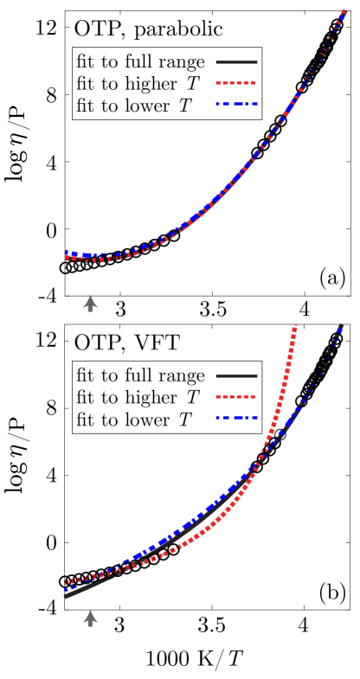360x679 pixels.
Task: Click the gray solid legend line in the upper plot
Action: tap(236, 62)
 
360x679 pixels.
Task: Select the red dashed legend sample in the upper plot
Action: tap(236, 83)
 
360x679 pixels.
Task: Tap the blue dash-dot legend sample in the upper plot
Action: tap(236, 104)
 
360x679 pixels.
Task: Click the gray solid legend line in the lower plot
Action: tap(236, 375)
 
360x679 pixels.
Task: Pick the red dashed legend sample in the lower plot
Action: tap(236, 396)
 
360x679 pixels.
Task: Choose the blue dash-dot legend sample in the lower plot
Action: tap(236, 418)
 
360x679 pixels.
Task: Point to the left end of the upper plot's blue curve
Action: tap(66, 252)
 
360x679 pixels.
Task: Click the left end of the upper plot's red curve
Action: tap(66, 258)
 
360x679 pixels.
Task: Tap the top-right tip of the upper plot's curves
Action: tap(344, 11)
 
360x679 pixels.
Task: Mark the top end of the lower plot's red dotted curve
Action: tap(295, 326)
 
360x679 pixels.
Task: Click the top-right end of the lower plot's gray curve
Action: tap(341, 325)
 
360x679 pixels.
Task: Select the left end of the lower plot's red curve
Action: tap(66, 582)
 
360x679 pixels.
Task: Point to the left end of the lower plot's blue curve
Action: tap(66, 589)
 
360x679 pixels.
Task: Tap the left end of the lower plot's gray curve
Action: tap(66, 596)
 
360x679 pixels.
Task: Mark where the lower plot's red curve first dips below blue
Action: tap(112, 571)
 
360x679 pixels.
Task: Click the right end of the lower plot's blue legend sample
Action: tap(256, 418)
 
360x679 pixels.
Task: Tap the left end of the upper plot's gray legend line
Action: tap(217, 62)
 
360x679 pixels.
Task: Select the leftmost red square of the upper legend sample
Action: tap(218, 83)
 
